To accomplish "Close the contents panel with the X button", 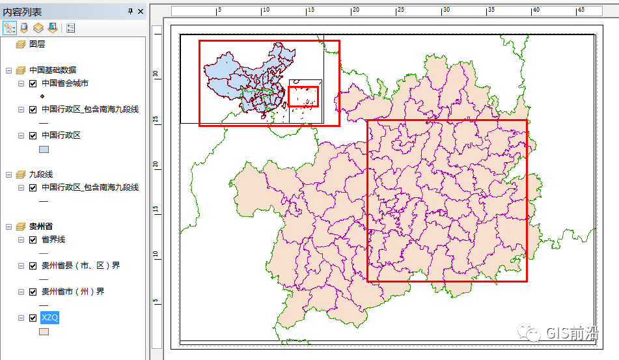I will point(141,11).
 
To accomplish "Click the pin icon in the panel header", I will point(131,11).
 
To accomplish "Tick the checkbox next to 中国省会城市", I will point(33,83).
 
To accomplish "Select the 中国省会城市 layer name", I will point(65,83).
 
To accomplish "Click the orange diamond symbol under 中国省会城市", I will point(42,97).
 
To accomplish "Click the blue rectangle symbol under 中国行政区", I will point(44,149).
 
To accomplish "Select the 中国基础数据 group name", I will point(53,70).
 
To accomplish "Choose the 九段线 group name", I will point(41,174).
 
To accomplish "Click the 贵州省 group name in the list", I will point(41,227).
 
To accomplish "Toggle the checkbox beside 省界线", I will point(33,240).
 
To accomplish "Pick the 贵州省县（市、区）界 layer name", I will point(81,266).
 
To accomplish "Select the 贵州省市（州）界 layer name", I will point(73,292).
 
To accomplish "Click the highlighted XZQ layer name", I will point(50,318).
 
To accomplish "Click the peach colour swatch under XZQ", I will point(44,331).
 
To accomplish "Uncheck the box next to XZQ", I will point(33,318).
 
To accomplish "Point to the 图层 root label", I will point(37,44).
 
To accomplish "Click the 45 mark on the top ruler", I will point(581,10).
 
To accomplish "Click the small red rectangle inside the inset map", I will point(303,96).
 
